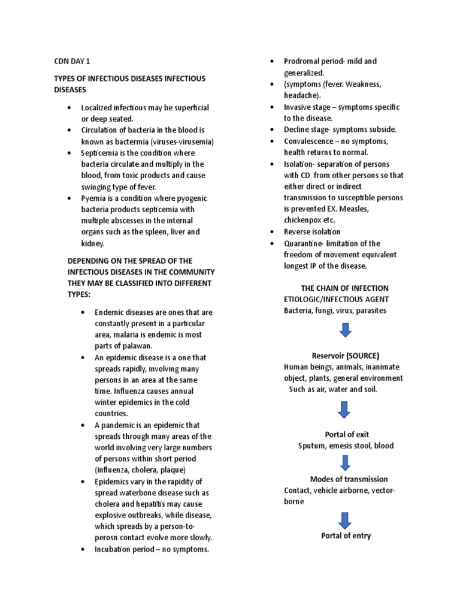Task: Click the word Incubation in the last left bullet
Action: coord(114,548)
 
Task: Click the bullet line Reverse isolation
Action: coord(311,231)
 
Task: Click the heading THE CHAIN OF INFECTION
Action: coord(344,288)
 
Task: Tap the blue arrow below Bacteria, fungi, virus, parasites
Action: coord(345,330)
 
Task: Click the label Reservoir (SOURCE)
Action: coord(346,356)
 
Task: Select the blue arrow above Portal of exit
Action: coord(345,410)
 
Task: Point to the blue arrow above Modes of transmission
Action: coord(346,462)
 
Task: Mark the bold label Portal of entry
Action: coord(346,535)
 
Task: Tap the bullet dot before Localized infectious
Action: coord(69,108)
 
